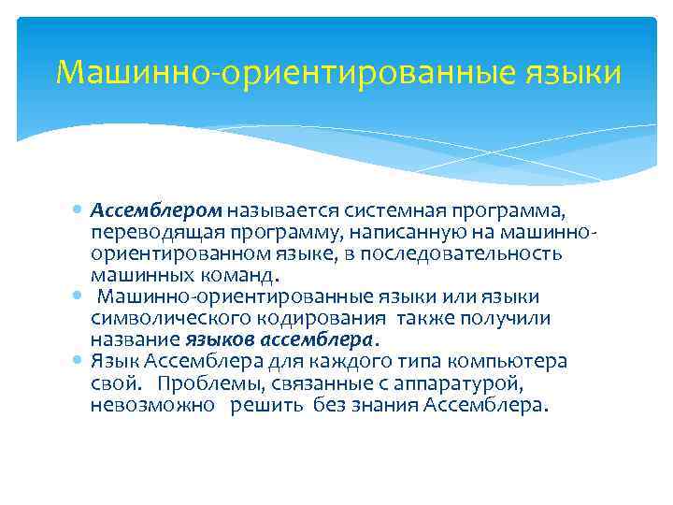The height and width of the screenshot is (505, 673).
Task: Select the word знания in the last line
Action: pyautogui.click(x=384, y=405)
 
